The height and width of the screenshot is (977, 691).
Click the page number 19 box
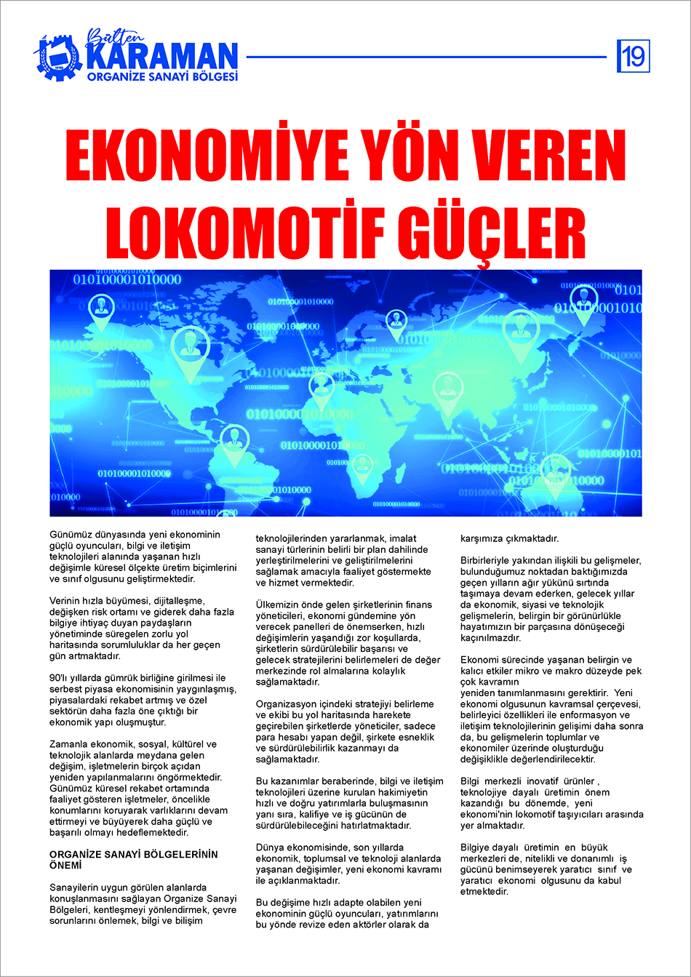[x=634, y=56]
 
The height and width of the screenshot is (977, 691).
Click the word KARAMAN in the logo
[x=162, y=55]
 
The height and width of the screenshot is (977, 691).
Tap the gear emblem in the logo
[x=57, y=56]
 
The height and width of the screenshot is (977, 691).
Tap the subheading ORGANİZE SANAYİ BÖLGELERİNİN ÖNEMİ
[x=133, y=860]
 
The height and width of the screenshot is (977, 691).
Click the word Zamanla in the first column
[x=69, y=744]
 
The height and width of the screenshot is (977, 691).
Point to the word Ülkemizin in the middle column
[x=280, y=605]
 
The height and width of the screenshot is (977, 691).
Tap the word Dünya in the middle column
[x=270, y=848]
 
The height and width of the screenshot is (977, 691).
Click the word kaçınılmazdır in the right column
[x=490, y=637]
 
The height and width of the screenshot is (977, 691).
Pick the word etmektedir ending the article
[x=484, y=891]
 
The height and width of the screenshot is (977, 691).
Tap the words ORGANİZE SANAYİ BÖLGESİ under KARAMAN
[x=162, y=76]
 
